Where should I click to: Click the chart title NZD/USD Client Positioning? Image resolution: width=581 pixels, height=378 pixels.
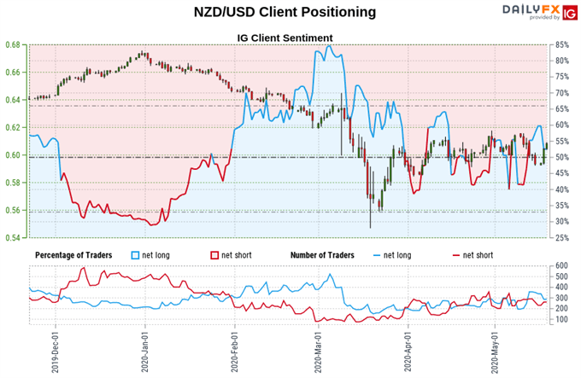pos(285,12)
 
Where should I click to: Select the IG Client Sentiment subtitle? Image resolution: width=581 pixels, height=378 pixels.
pos(285,38)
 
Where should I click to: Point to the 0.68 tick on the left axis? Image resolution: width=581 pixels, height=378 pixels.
pos(15,44)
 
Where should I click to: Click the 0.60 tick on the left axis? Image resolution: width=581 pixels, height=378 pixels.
pos(15,155)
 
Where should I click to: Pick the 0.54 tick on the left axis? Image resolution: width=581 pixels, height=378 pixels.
pos(15,237)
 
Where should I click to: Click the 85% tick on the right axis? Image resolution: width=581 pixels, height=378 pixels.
pos(562,44)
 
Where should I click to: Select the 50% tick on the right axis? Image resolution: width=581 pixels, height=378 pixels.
pos(562,157)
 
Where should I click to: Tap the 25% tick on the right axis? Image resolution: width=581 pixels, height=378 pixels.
pos(562,237)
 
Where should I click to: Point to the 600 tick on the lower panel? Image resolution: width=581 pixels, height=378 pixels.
pos(560,265)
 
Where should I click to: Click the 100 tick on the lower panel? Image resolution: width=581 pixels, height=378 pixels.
pos(560,319)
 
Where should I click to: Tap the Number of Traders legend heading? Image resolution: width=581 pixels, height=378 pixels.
pos(328,254)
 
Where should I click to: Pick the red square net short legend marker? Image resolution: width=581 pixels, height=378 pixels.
pos(214,255)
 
